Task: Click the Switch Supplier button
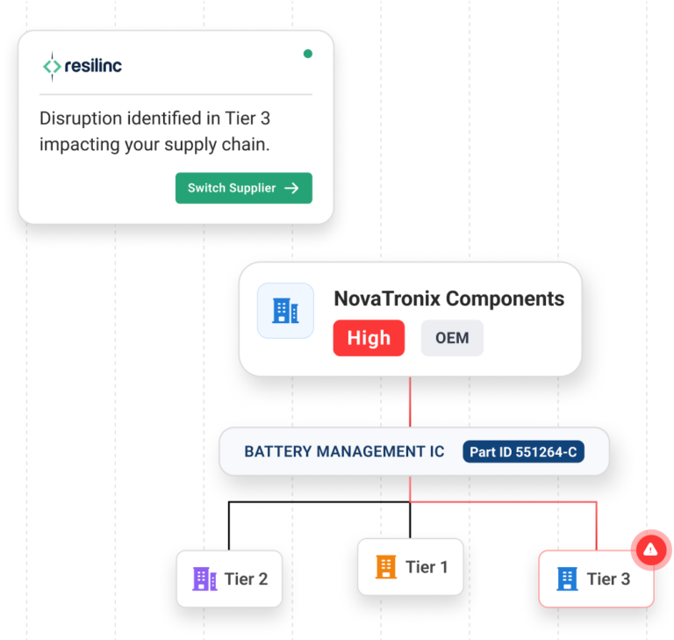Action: [x=243, y=188]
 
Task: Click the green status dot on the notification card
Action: [x=307, y=54]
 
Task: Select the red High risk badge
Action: [x=369, y=338]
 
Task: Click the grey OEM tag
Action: [x=452, y=338]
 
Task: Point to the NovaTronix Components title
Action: [x=448, y=298]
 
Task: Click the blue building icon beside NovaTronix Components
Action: [x=285, y=310]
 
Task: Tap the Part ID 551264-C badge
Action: [x=523, y=452]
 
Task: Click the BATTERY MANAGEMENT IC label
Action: [x=344, y=452]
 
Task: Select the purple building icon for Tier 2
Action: [x=204, y=579]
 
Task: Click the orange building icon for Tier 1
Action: [x=386, y=567]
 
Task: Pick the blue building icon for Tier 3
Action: [x=568, y=579]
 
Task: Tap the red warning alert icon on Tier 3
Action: [x=650, y=550]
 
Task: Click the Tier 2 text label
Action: [x=246, y=579]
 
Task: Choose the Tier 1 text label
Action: [x=427, y=567]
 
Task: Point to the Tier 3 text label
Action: [x=608, y=579]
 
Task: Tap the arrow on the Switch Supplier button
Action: [x=291, y=188]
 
